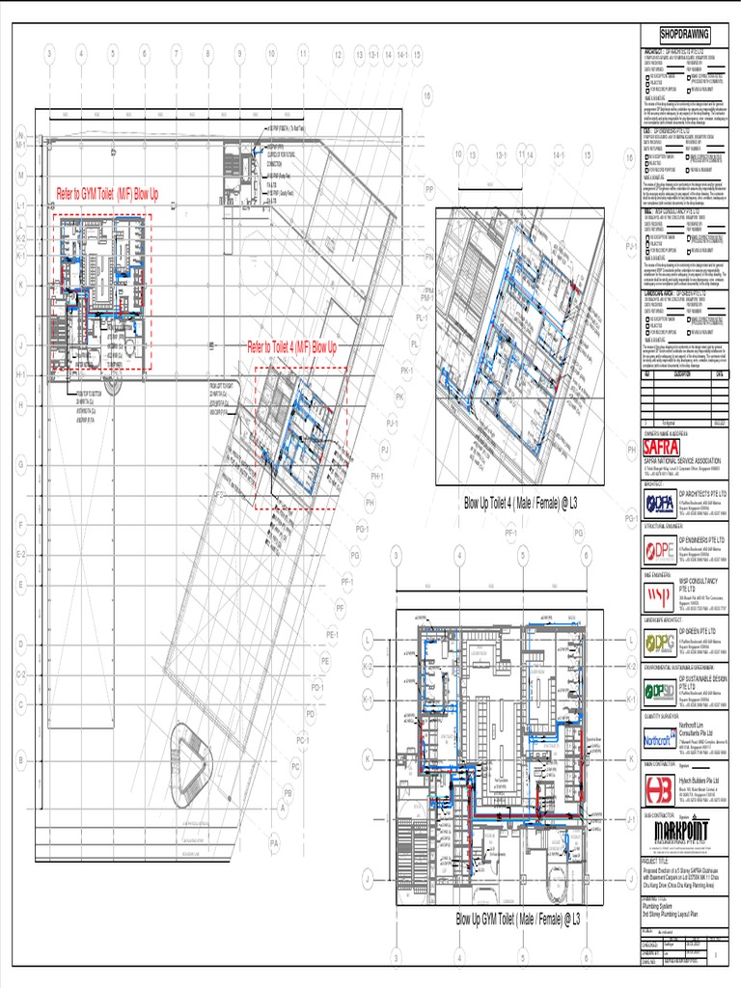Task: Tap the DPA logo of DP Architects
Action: (660, 504)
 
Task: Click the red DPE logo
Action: (660, 551)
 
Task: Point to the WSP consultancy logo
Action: (659, 595)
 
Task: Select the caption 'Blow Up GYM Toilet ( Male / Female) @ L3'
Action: (517, 919)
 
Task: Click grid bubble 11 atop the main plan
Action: (302, 54)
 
